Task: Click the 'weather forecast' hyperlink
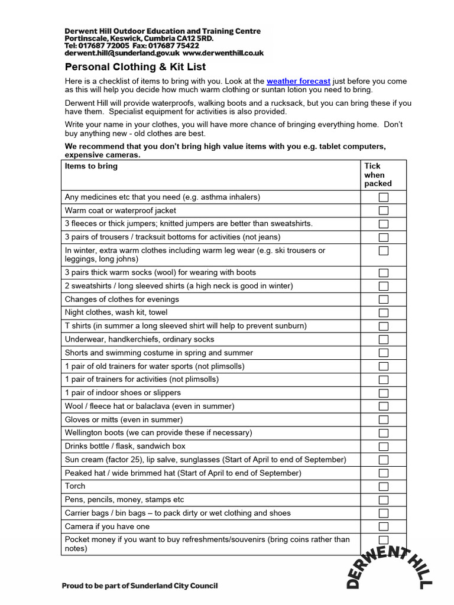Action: point(298,81)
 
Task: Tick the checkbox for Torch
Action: point(384,486)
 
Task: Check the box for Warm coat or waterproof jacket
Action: point(384,210)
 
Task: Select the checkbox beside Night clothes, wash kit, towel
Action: point(384,313)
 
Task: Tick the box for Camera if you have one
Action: point(384,526)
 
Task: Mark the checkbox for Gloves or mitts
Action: point(384,419)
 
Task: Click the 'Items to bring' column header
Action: point(91,166)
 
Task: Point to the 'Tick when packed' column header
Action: point(378,175)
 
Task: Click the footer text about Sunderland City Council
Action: point(140,586)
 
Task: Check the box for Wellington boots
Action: point(384,433)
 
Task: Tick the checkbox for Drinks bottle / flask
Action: point(384,447)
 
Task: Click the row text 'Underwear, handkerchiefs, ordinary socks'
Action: point(140,339)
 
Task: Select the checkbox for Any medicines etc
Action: point(384,197)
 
